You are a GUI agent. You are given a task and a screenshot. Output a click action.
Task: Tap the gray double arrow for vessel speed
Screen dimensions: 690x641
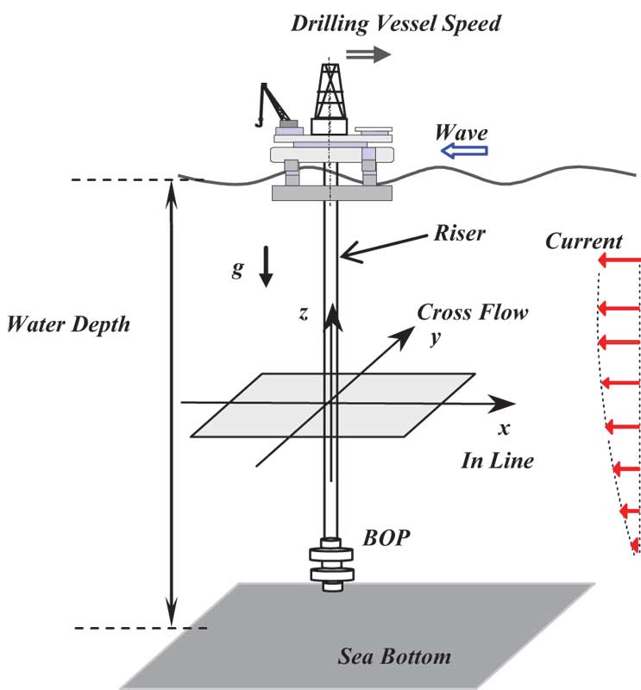tap(368, 54)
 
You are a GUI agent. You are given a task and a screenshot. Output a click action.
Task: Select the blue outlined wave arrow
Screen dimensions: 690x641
tap(463, 152)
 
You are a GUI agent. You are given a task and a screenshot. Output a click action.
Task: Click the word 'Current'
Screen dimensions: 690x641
tap(584, 241)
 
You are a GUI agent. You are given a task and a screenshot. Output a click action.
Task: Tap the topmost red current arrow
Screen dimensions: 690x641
tap(618, 260)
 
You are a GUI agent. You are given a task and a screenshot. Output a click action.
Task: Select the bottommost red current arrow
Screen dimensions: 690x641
tap(636, 544)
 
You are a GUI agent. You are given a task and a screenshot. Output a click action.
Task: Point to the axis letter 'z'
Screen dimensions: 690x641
tap(303, 314)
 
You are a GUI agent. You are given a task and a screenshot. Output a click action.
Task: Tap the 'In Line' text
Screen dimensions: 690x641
tap(496, 460)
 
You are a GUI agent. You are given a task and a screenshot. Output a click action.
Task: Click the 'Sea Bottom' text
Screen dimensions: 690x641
tap(393, 656)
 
